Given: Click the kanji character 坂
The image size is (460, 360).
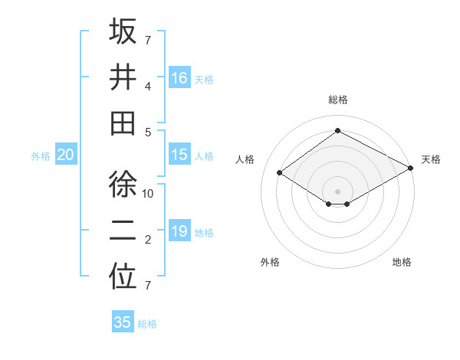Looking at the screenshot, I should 123,32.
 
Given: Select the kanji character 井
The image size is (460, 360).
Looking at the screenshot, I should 123,78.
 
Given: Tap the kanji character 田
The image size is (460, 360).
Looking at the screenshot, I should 123,123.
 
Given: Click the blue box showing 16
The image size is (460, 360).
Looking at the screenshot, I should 179,78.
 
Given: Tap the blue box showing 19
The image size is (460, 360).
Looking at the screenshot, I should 179,231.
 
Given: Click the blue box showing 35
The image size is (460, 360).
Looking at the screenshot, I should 123,322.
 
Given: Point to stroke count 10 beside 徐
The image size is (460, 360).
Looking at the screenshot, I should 149,194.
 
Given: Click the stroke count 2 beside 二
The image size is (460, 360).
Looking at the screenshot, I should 148,240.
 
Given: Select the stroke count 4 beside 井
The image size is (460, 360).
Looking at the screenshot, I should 148,86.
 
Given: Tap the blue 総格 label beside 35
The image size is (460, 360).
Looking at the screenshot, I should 147,324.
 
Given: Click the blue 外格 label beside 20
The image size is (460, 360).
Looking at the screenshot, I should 41,156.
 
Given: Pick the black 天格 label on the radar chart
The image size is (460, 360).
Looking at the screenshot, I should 431,159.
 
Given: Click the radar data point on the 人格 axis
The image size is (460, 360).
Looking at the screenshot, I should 280,173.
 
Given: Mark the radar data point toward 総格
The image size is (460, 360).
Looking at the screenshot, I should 337,130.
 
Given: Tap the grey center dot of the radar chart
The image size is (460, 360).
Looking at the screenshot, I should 337,190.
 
